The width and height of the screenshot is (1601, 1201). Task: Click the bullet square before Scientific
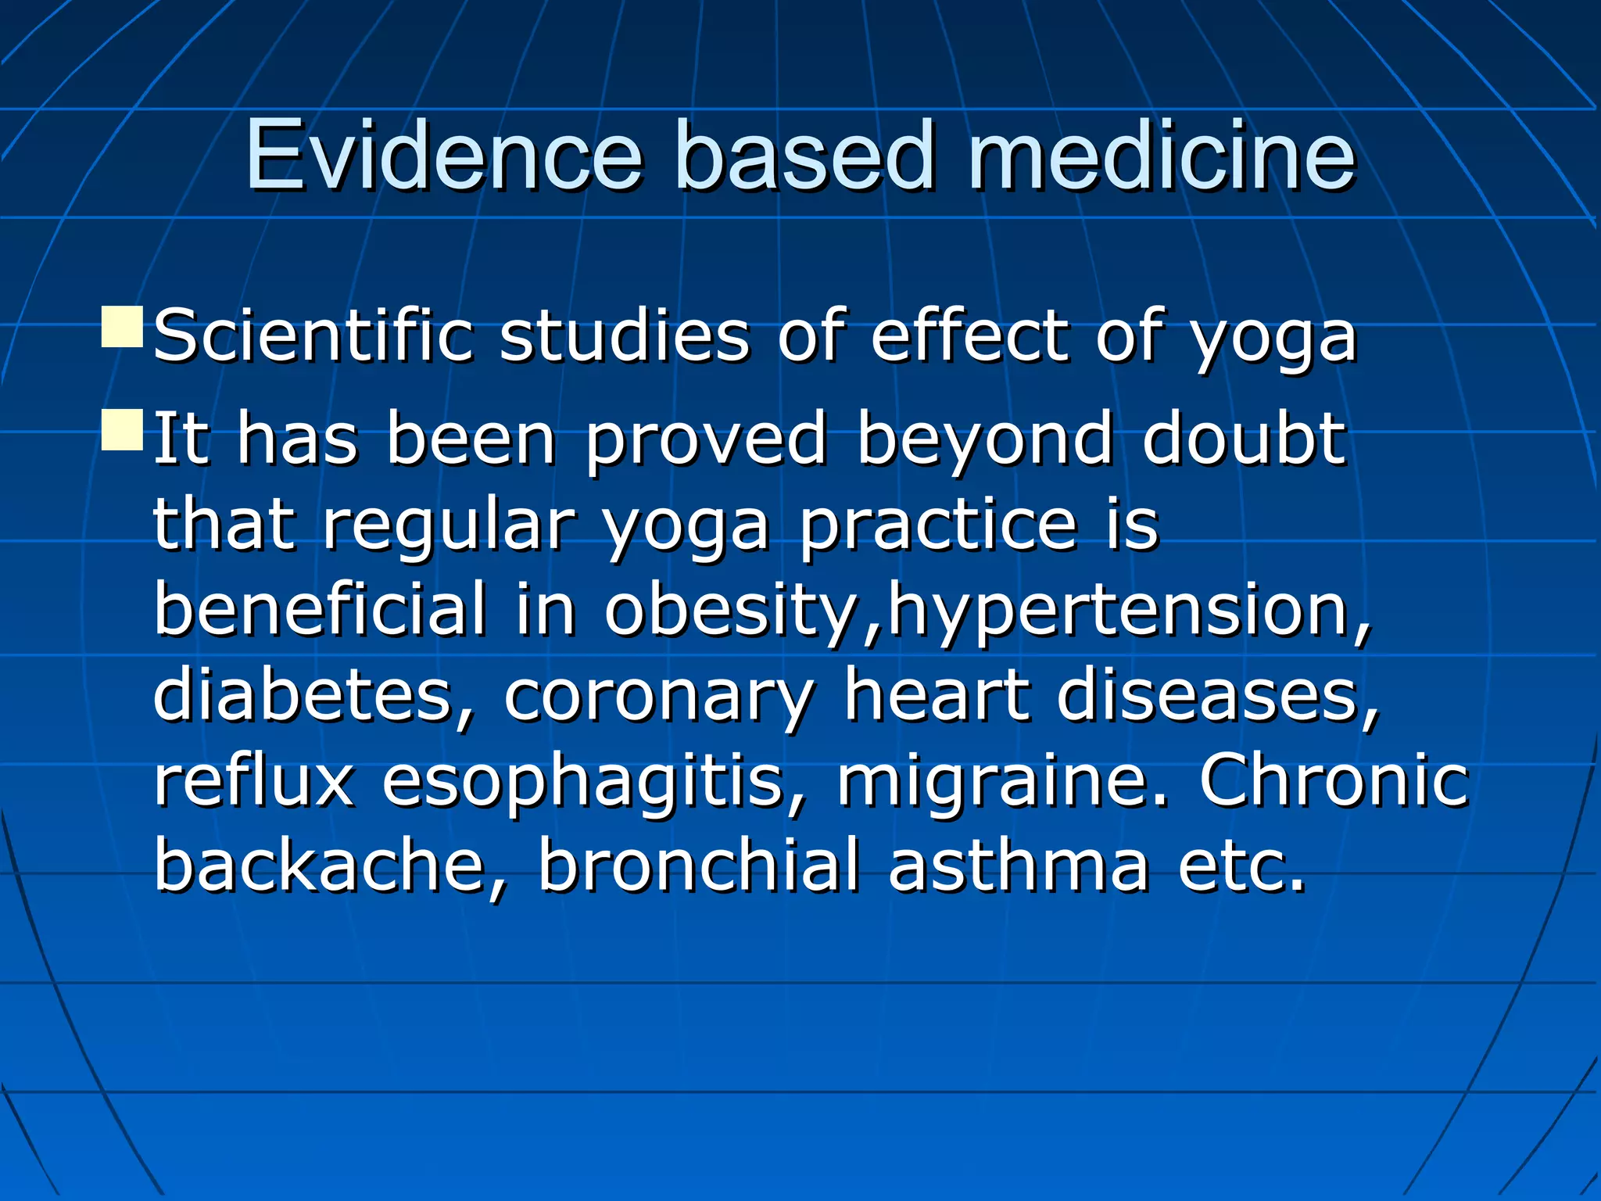point(122,328)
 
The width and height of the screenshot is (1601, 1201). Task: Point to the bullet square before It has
point(122,429)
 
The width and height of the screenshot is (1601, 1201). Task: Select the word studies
point(624,336)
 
